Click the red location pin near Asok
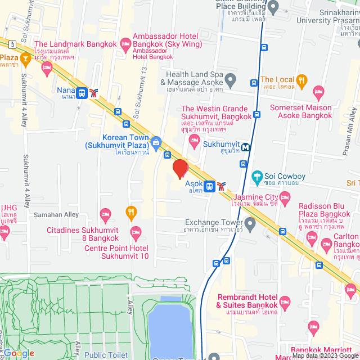click(180, 169)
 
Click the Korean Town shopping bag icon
click(156, 141)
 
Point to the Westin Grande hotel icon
click(195, 145)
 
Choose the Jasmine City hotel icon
click(285, 197)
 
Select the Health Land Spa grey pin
click(229, 78)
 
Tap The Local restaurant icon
click(301, 80)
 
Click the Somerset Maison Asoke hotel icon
click(319, 91)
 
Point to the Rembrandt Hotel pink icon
click(285, 301)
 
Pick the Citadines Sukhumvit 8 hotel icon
click(105, 214)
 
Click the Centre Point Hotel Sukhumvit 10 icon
click(135, 232)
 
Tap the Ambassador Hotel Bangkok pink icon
click(125, 43)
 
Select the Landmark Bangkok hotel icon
click(47, 67)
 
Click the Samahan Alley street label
click(56, 215)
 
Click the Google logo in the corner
click(18, 353)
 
